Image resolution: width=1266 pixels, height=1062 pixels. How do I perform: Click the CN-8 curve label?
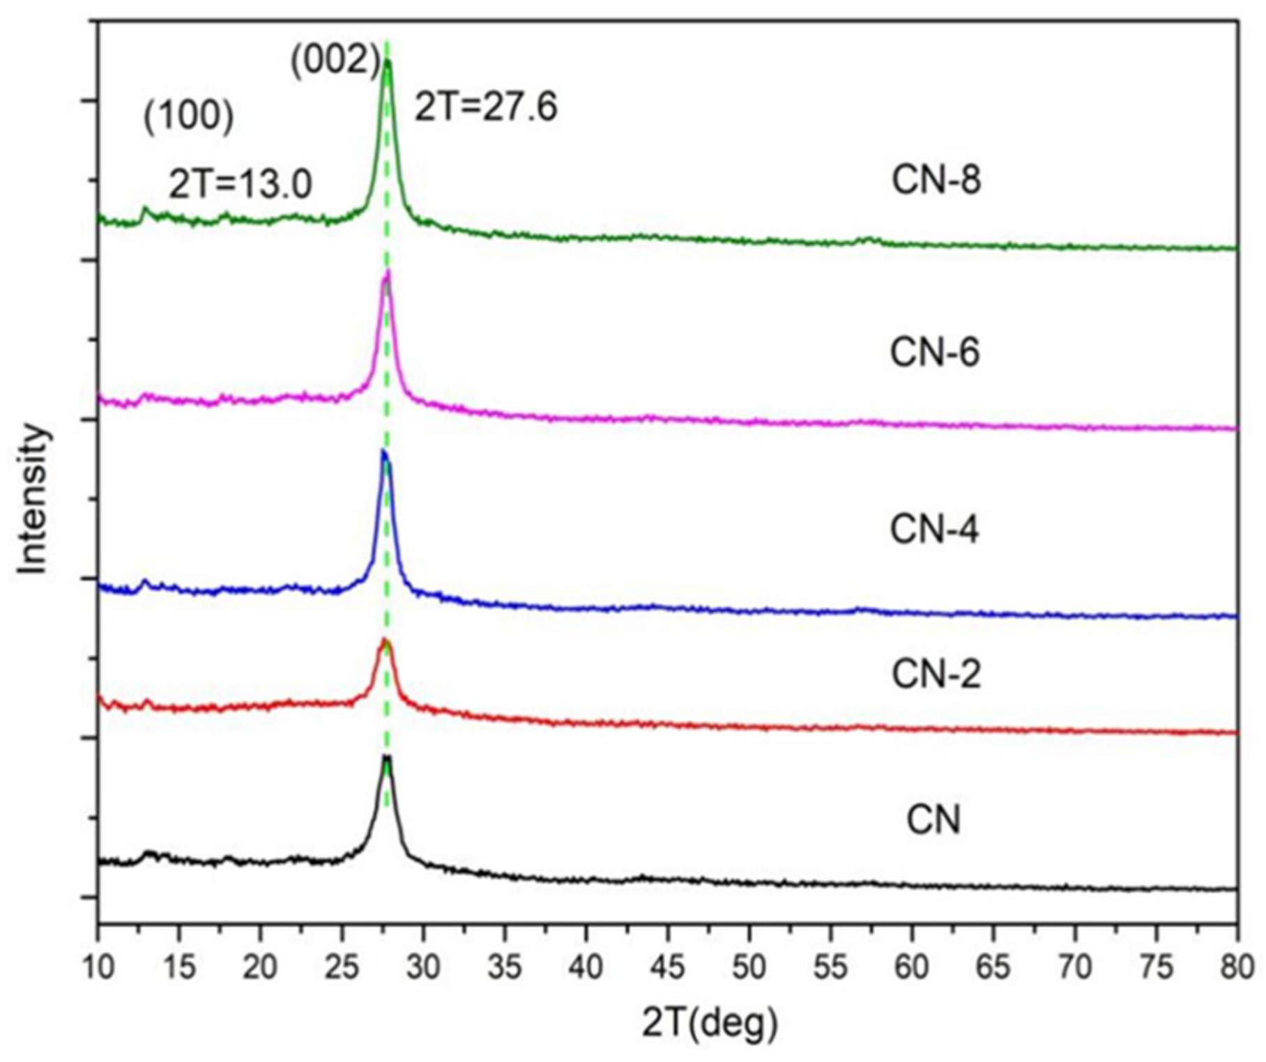[936, 180]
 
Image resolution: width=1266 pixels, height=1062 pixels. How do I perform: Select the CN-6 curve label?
[935, 352]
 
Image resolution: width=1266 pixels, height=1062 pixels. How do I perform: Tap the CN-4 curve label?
[934, 529]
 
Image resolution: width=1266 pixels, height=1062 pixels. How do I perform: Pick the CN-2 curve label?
[936, 674]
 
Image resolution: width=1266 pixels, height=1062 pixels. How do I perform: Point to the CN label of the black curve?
[933, 819]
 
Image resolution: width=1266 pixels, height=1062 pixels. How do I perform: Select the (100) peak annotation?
[188, 116]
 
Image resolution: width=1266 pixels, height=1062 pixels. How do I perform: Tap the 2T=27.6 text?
[486, 107]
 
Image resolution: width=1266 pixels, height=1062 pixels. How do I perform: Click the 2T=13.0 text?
[241, 185]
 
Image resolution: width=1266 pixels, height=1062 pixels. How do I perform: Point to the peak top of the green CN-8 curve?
[388, 61]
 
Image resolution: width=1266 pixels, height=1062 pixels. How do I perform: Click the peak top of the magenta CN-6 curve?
[387, 272]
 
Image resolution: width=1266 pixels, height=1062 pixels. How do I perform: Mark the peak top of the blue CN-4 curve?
[383, 452]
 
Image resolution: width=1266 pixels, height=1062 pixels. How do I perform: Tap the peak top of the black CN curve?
[386, 757]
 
